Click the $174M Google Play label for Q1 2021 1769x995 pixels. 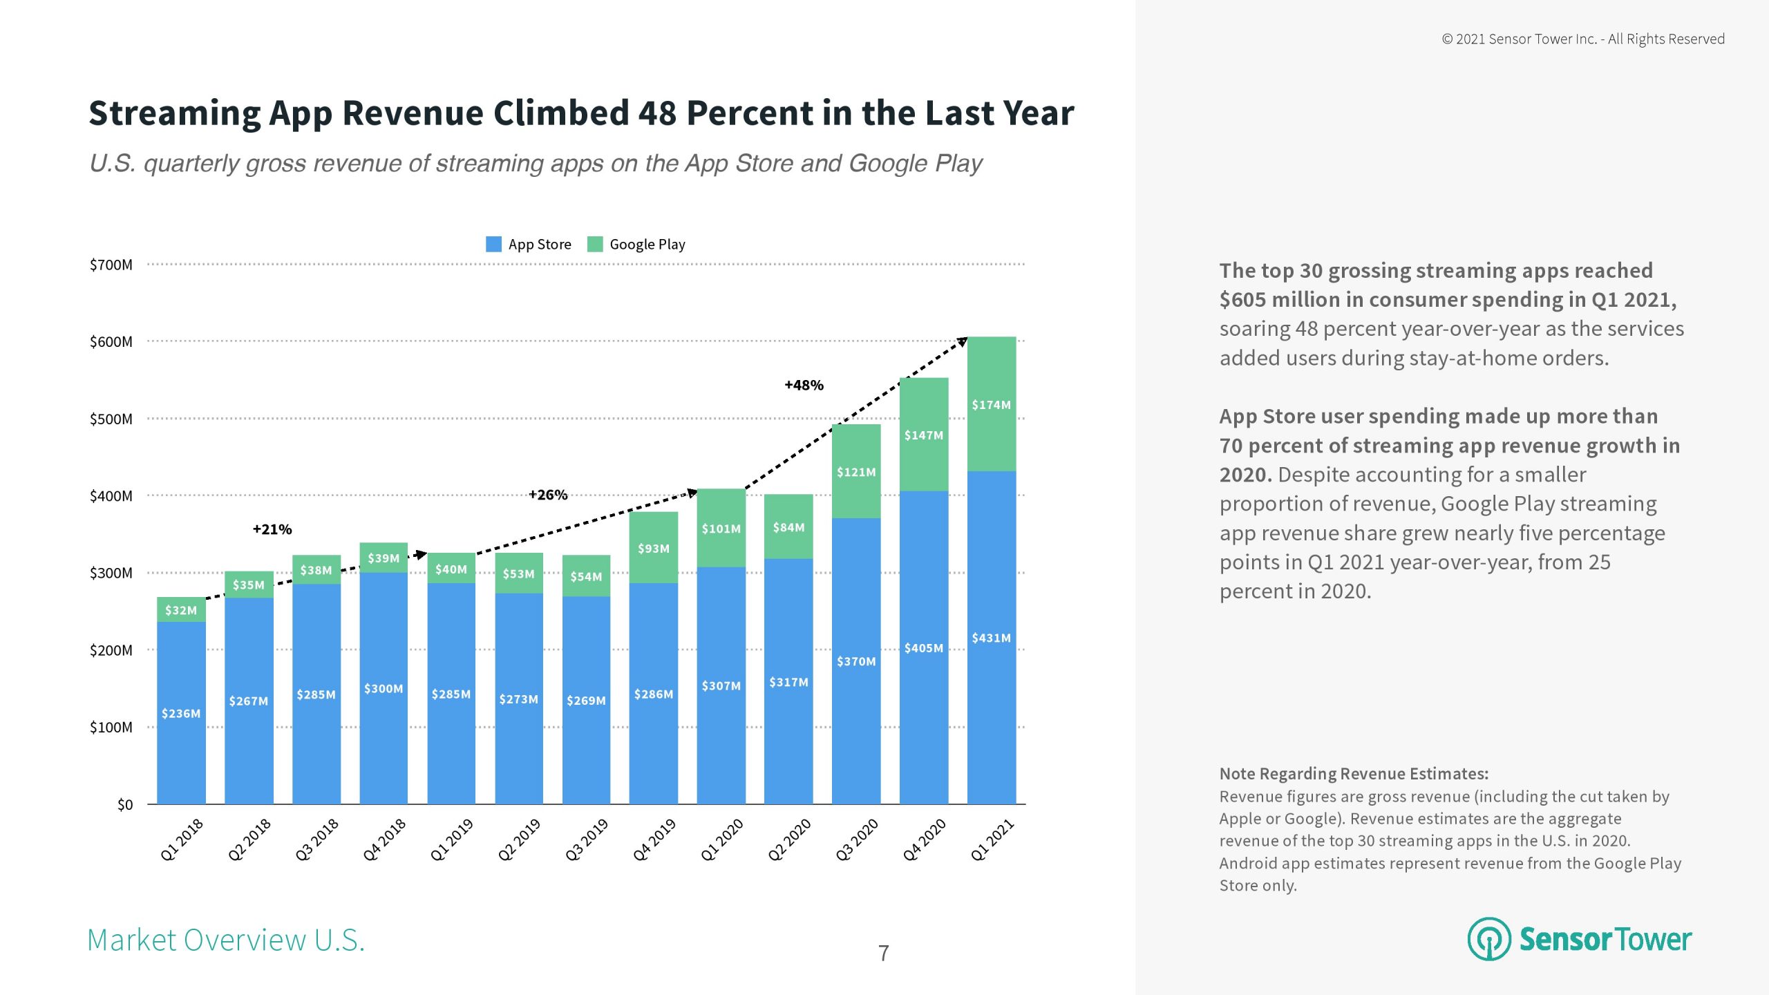(991, 405)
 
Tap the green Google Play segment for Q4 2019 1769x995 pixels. (653, 548)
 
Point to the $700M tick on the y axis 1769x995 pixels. (111, 265)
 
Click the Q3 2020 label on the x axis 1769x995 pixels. (857, 840)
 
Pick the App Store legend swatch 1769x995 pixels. (493, 244)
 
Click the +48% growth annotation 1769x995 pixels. (804, 386)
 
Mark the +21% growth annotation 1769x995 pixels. (272, 529)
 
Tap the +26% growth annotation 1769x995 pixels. (548, 495)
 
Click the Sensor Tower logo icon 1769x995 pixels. (1488, 939)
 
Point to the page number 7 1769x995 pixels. (883, 954)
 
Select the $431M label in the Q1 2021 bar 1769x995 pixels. (991, 638)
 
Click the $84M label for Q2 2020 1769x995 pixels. (788, 528)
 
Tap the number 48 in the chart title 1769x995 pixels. (657, 113)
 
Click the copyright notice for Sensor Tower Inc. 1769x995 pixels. (1582, 39)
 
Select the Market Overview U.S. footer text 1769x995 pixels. (226, 940)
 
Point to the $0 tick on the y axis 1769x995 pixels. (125, 805)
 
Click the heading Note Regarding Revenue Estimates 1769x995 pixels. (1354, 774)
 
